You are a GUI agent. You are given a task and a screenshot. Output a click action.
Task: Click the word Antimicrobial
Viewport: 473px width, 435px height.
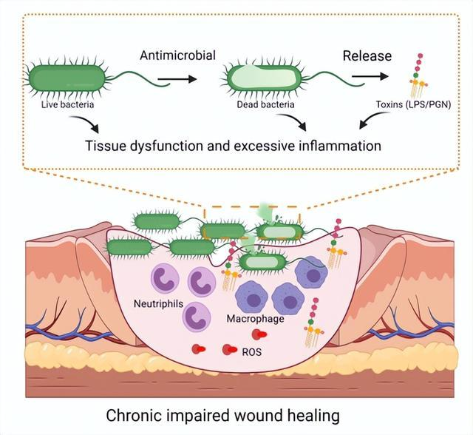pyautogui.click(x=177, y=55)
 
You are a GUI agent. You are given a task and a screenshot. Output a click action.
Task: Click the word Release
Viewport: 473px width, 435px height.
pyautogui.click(x=367, y=55)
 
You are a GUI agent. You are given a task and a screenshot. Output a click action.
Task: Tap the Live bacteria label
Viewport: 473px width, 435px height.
pyautogui.click(x=67, y=105)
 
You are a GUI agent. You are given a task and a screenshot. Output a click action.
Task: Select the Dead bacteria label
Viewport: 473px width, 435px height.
pyautogui.click(x=265, y=105)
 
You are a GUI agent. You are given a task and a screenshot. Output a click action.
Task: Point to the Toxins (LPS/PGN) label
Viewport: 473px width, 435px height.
pyautogui.click(x=413, y=105)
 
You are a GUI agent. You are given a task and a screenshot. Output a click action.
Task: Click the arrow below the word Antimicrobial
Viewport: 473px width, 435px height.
pyautogui.click(x=177, y=79)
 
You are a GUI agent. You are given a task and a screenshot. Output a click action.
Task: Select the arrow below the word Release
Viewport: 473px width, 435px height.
pyautogui.click(x=370, y=76)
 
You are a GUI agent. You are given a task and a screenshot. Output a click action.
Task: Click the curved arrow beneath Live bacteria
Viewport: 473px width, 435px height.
pyautogui.click(x=86, y=123)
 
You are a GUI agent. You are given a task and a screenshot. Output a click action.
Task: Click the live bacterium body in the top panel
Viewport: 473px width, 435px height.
pyautogui.click(x=67, y=78)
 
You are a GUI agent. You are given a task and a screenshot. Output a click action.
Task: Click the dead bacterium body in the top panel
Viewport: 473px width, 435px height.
pyautogui.click(x=265, y=77)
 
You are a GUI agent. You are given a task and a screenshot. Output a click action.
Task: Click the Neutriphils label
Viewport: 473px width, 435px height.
pyautogui.click(x=158, y=303)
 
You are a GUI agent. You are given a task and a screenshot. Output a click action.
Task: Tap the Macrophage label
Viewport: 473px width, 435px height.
pyautogui.click(x=255, y=319)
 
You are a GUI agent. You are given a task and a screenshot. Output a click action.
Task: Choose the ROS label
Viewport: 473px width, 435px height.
pyautogui.click(x=252, y=352)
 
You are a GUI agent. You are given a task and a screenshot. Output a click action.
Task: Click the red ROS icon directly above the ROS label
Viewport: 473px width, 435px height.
pyautogui.click(x=259, y=334)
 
